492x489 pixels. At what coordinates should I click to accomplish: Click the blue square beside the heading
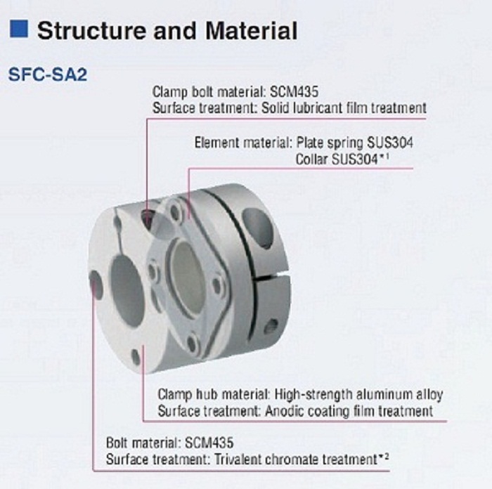[18, 29]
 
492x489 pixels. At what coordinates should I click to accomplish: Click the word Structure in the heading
[91, 30]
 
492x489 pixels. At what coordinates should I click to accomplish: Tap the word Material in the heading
[251, 30]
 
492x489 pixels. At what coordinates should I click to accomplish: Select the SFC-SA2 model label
[48, 74]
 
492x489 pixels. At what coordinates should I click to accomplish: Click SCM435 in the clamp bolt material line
[294, 91]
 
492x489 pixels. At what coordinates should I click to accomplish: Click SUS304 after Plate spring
[390, 143]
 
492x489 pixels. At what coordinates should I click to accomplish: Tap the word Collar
[311, 159]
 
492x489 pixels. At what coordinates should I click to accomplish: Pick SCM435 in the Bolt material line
[209, 443]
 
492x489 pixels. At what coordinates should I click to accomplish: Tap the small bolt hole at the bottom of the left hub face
[136, 357]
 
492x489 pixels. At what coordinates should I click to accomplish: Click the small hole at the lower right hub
[271, 327]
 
